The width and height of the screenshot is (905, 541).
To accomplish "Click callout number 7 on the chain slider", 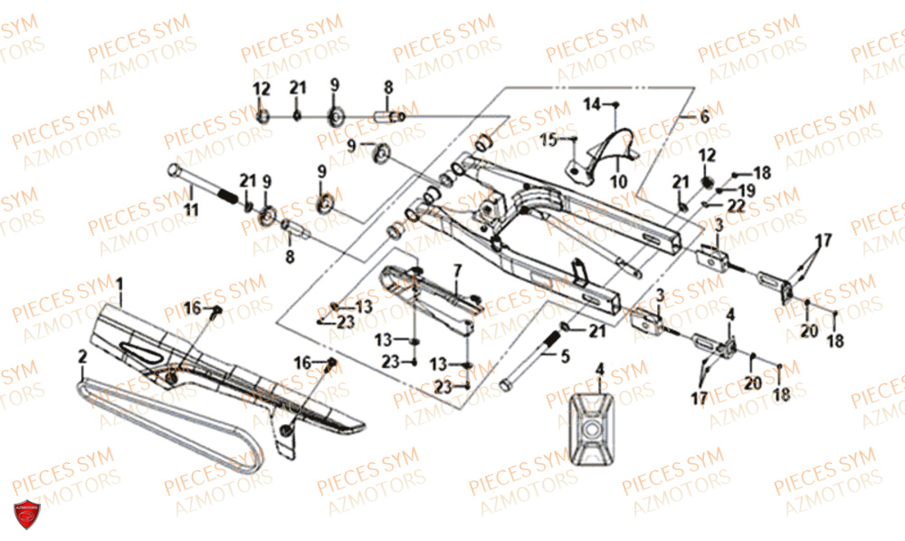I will click(x=457, y=270).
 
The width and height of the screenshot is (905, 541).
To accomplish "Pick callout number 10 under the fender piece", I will click(x=618, y=181).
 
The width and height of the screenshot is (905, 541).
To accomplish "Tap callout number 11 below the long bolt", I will click(x=190, y=210).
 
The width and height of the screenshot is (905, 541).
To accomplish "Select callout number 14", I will click(x=591, y=104).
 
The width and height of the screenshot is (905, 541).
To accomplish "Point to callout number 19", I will click(x=748, y=189).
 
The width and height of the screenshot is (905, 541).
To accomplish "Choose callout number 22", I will click(x=736, y=208).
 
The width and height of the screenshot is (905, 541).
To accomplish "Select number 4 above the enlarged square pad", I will click(x=597, y=369).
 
